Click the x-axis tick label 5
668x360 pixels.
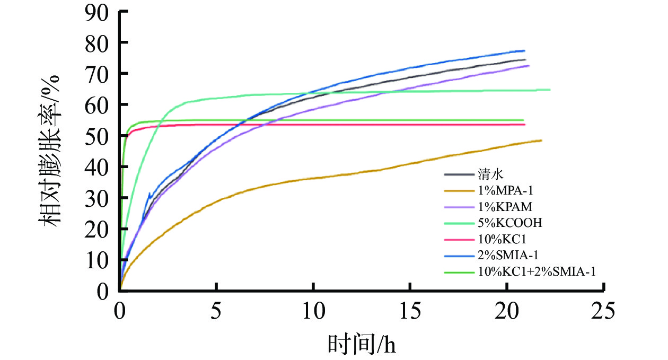click(217, 310)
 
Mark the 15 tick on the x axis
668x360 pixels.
click(410, 310)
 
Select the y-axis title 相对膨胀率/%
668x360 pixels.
click(50, 151)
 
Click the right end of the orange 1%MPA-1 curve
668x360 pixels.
click(541, 140)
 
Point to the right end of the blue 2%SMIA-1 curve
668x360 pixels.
click(524, 51)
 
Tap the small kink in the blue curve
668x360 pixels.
click(150, 194)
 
